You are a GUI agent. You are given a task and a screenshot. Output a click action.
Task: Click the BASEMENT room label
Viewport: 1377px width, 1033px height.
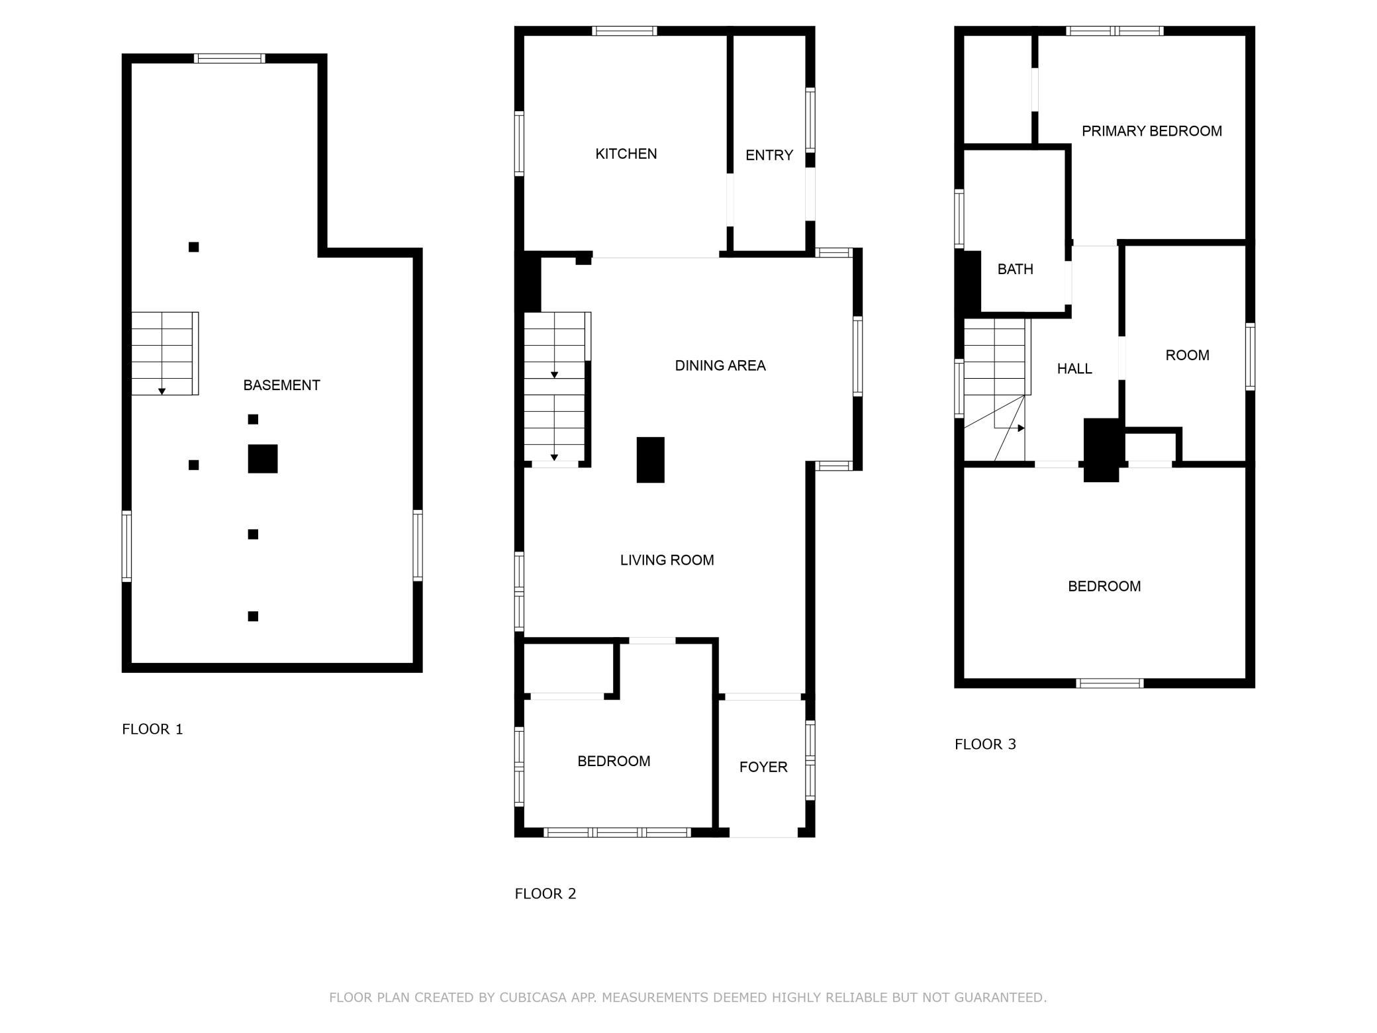[x=281, y=385]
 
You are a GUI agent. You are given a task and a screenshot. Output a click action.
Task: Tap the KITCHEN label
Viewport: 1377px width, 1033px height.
[x=626, y=154]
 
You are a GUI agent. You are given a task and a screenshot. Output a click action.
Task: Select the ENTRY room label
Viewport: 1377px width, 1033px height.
[x=769, y=155]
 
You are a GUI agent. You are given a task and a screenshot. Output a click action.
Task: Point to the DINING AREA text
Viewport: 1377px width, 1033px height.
[x=720, y=366]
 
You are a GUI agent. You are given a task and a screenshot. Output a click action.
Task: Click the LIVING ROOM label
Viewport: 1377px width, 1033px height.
[x=667, y=560]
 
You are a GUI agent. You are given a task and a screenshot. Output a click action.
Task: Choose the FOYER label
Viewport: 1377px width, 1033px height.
[x=763, y=767]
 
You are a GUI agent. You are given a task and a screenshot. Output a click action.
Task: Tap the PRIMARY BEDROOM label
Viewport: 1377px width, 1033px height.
[x=1152, y=131]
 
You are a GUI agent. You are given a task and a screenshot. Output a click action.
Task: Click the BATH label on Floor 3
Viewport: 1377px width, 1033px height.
[x=1015, y=269]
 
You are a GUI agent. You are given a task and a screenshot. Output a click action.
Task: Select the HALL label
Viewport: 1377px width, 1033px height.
[x=1074, y=369]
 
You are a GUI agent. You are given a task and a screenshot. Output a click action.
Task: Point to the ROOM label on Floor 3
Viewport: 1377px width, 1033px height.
[x=1187, y=356]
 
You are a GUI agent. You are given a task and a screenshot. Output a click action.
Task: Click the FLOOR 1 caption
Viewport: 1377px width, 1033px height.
[x=152, y=729]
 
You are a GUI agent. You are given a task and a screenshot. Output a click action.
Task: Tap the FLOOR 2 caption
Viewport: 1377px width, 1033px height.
[x=546, y=894]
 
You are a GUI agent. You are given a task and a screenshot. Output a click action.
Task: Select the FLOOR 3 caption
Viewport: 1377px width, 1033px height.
[x=985, y=744]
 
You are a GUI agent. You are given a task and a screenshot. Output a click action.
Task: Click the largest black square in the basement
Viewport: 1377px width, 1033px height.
[x=263, y=459]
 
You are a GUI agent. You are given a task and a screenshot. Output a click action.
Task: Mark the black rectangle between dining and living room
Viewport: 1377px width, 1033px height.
[x=650, y=460]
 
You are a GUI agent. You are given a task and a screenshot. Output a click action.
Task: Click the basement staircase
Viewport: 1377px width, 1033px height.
[x=165, y=354]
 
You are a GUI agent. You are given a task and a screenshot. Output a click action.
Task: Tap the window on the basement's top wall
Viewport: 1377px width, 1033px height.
[x=230, y=58]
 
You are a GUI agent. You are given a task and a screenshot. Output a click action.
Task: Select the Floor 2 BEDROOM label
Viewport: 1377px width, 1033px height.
[x=614, y=762]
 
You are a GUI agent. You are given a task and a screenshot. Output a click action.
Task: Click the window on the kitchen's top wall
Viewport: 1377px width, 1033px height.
[x=624, y=31]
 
